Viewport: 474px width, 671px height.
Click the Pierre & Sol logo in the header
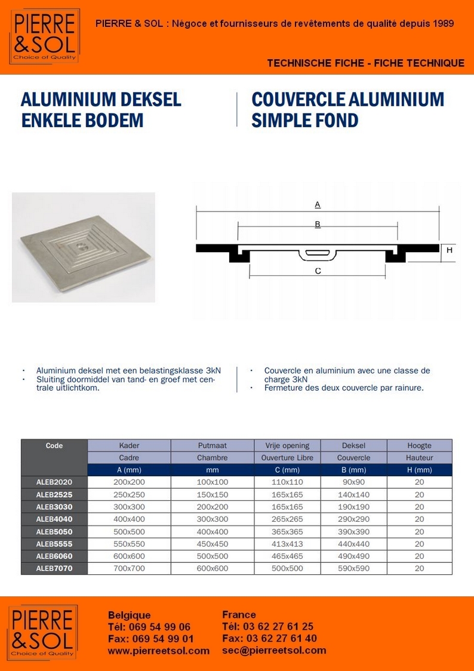(x=44, y=36)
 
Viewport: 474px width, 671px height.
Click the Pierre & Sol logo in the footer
(x=42, y=633)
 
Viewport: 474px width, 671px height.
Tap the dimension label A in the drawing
(x=318, y=204)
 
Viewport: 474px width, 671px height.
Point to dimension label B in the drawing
(x=318, y=224)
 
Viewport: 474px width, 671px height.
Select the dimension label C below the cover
(x=318, y=271)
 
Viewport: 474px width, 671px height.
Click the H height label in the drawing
(x=450, y=250)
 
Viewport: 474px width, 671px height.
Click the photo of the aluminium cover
(x=84, y=247)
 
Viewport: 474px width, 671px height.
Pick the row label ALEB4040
(x=54, y=519)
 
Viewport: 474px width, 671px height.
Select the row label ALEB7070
(x=54, y=568)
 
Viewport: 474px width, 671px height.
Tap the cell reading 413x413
(x=288, y=544)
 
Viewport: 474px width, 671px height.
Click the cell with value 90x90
(x=354, y=482)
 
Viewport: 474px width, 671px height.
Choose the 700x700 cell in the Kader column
(x=129, y=568)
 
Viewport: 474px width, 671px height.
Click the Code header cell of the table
(x=54, y=446)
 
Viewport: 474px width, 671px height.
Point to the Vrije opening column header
(x=288, y=446)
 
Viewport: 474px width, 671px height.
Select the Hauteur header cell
(x=419, y=458)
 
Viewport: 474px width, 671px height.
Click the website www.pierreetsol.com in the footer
(x=159, y=651)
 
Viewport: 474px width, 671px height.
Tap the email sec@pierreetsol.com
(x=274, y=651)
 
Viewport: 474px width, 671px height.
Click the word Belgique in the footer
(x=130, y=615)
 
